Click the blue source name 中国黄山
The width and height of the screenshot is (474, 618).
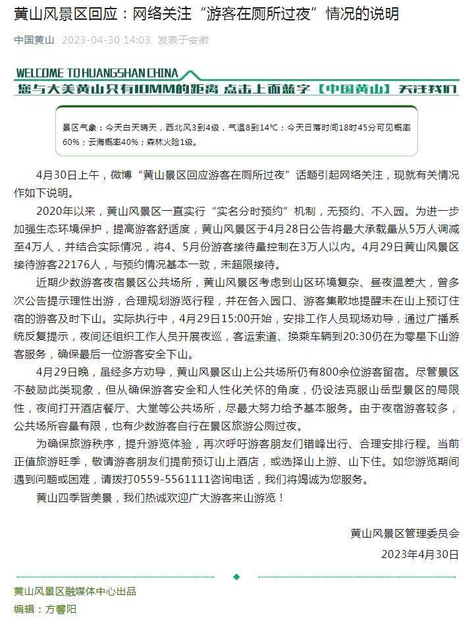(35, 40)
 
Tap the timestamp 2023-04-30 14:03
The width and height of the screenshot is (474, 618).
(106, 40)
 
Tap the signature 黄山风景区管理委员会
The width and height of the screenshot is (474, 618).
(404, 534)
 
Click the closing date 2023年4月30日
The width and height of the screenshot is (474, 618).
(419, 554)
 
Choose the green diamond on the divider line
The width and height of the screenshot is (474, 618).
(237, 576)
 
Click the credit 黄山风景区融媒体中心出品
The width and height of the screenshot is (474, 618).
(75, 592)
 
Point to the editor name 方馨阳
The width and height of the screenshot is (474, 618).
(61, 609)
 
